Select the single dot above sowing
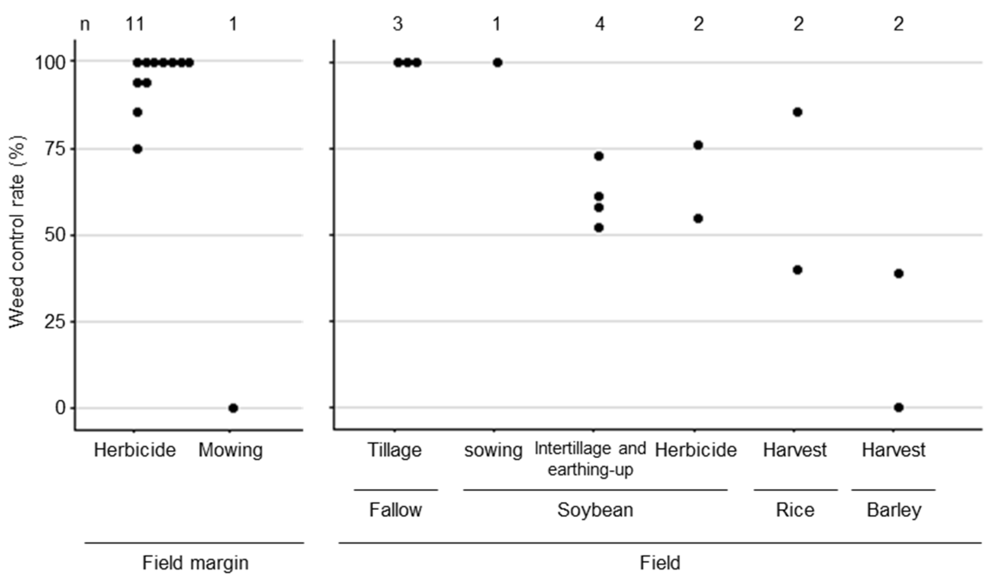[x=497, y=63]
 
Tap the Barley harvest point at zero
[x=899, y=408]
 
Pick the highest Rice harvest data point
[x=797, y=112]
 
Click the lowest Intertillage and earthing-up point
[x=599, y=228]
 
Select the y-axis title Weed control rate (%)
[x=17, y=232]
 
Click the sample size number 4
[x=600, y=24]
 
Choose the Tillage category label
[x=395, y=450]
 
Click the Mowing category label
[x=230, y=450]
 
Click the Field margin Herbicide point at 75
[x=137, y=149]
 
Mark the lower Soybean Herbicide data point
[x=698, y=218]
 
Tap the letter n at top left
[x=85, y=24]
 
